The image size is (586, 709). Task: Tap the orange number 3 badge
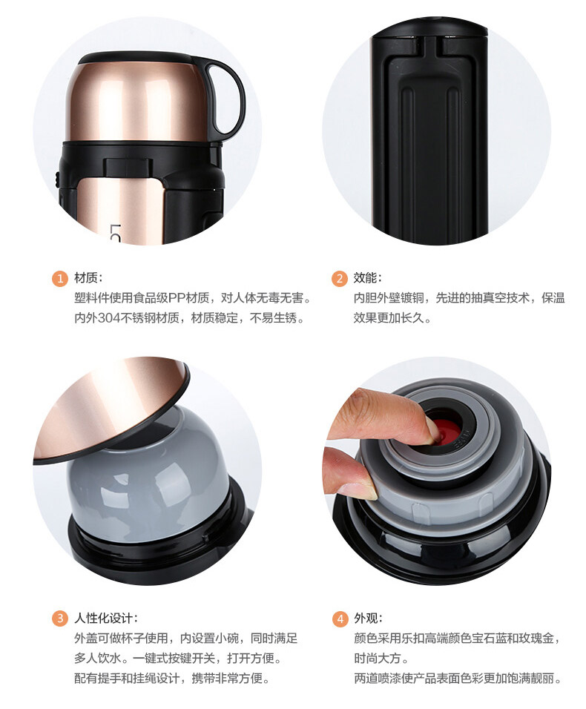(59, 618)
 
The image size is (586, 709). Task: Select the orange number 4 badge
(340, 619)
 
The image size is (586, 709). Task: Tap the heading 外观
(366, 618)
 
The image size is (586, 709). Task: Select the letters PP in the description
(177, 298)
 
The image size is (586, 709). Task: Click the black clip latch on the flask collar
(120, 166)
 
